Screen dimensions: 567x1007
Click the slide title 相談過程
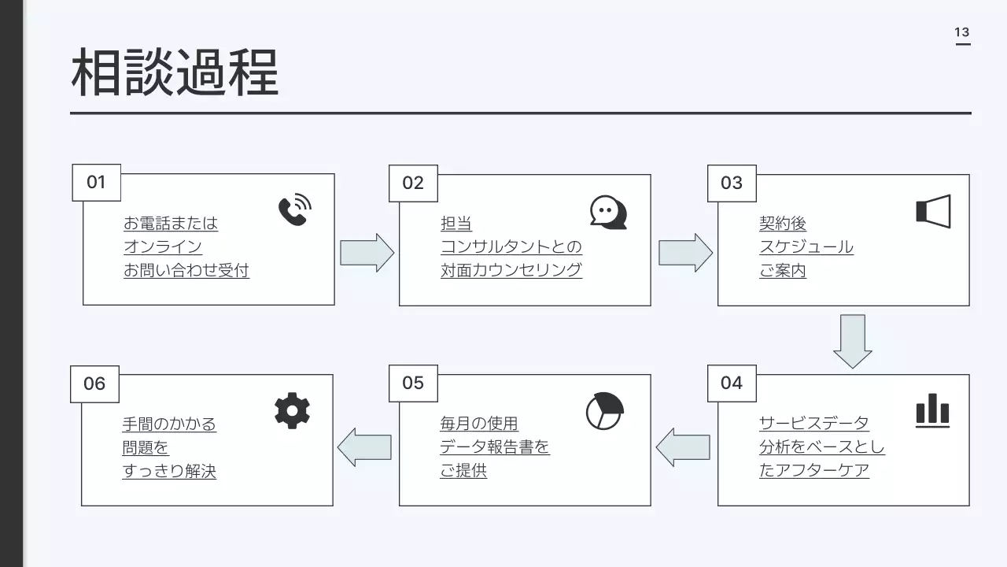(175, 72)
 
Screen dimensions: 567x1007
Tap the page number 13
(962, 32)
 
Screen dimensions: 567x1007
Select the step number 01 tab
(96, 183)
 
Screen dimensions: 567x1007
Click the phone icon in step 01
(294, 210)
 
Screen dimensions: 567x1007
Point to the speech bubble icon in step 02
(608, 212)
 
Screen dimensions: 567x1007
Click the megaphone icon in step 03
(933, 211)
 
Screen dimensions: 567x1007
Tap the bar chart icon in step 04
(932, 411)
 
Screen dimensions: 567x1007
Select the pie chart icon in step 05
(604, 410)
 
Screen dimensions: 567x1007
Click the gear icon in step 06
(292, 411)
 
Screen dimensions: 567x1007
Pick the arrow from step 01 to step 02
(367, 253)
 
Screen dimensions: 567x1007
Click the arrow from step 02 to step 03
(685, 253)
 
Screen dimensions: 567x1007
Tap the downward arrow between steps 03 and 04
(852, 341)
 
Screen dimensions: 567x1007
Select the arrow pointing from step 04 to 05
(683, 447)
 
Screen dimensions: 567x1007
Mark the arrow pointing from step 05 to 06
(364, 447)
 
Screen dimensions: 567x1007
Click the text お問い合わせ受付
(186, 271)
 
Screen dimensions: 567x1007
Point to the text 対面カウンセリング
(511, 271)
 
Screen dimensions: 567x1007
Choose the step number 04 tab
(732, 383)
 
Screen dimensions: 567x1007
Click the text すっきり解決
(169, 472)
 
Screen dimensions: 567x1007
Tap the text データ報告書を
(495, 447)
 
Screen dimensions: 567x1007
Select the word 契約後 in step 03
(783, 224)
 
